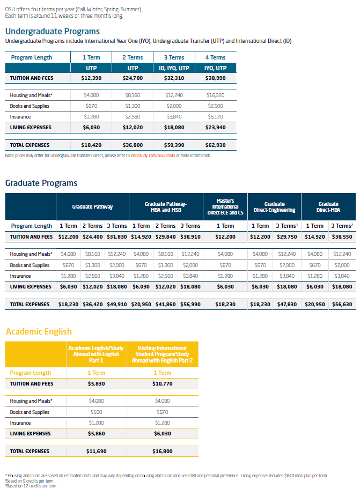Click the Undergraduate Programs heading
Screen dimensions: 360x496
[x=53, y=31]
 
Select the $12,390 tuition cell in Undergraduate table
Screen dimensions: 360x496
[x=91, y=78]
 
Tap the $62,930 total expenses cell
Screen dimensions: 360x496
[x=215, y=145]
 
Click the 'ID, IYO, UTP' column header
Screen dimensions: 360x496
[x=174, y=68]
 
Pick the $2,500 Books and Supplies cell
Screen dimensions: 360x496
[x=215, y=106]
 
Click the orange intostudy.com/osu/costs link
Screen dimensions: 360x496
[x=152, y=156]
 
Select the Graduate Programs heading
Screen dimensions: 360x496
[x=41, y=183]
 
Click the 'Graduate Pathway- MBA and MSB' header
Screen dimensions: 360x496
[x=166, y=207]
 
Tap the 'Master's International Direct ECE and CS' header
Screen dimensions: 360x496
[x=225, y=207]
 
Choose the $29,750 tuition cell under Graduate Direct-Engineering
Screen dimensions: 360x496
[x=287, y=237]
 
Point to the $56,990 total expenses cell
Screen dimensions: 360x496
[x=190, y=305]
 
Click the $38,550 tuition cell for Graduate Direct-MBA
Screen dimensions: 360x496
[x=342, y=237]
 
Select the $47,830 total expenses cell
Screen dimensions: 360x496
[x=287, y=305]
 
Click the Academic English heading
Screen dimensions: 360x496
[x=39, y=331]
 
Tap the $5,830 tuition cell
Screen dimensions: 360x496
[x=96, y=384]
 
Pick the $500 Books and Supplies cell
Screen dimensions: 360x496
[x=96, y=412]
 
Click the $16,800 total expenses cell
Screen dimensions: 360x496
[x=163, y=451]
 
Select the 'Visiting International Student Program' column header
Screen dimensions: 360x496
[x=162, y=354]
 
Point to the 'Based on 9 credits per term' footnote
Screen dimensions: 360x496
[x=29, y=481]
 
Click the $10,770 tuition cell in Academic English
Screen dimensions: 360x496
[x=163, y=384]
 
